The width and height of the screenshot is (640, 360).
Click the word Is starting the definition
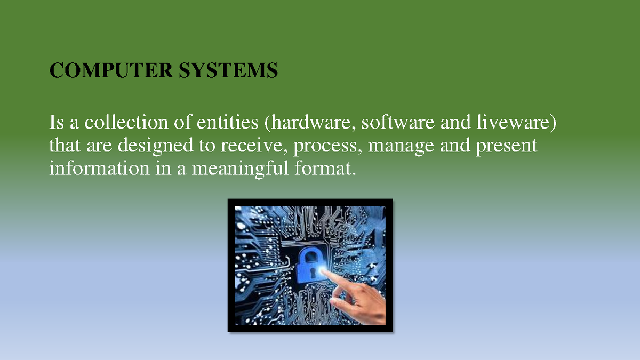[57, 123]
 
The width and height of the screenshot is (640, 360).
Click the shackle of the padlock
[310, 254]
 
